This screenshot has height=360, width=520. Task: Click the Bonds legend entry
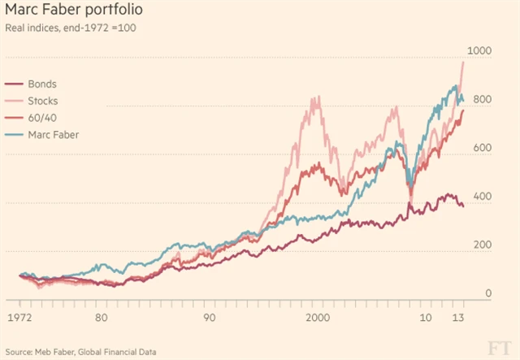pos(43,84)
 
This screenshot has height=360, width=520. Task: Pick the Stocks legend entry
pos(44,101)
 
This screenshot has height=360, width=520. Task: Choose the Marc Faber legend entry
pos(53,133)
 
